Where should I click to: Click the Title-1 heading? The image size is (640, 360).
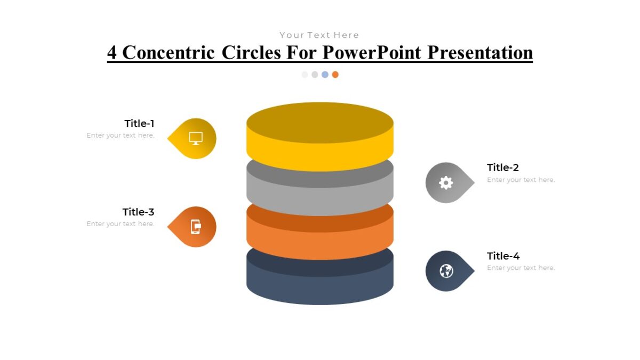139,123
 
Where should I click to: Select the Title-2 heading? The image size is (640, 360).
502,167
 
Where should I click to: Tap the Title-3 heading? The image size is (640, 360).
138,212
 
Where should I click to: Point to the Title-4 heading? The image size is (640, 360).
503,256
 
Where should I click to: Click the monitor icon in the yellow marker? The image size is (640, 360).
196,139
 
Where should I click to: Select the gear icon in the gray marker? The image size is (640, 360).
446,183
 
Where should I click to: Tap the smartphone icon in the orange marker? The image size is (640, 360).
196,227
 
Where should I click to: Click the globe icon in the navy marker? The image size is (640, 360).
446,271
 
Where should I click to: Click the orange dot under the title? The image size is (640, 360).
335,75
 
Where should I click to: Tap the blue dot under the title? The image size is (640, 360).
325,75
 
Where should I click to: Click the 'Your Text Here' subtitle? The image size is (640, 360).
319,35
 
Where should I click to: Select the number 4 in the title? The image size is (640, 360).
112,52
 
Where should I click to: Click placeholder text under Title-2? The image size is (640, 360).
521,180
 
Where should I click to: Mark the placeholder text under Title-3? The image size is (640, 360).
121,224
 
